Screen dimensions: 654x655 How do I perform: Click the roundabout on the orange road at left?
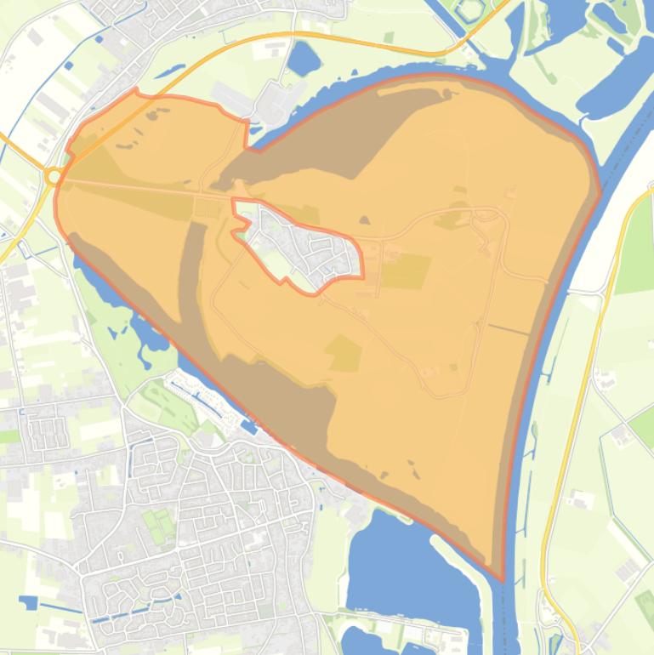[54, 176]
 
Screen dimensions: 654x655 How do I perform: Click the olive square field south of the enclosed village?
[344, 353]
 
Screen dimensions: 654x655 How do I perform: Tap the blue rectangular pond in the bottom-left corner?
[29, 602]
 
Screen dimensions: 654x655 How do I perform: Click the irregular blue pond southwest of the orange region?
[145, 332]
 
